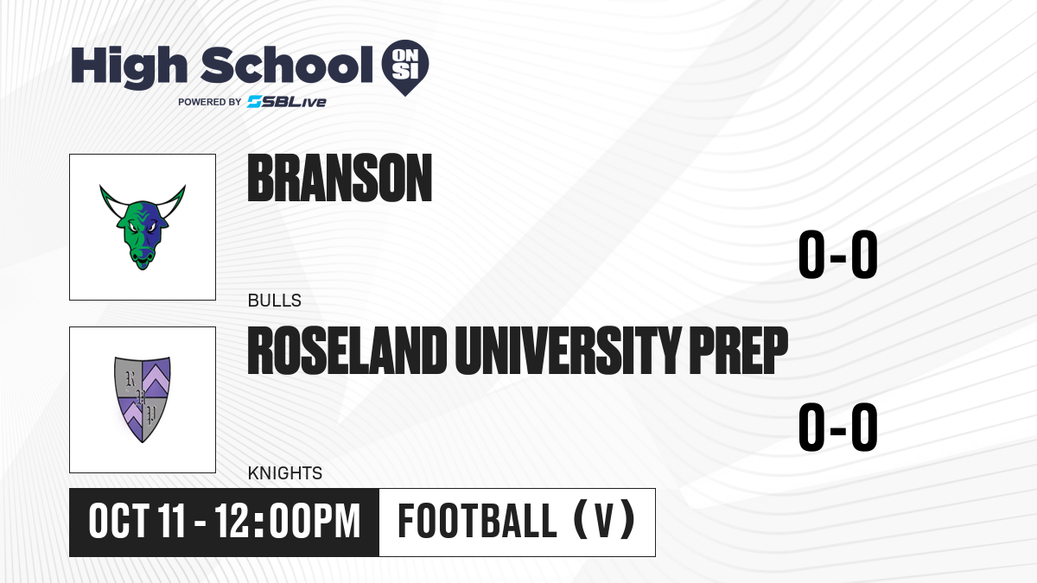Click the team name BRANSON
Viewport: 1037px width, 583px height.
(x=340, y=178)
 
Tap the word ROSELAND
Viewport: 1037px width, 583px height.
(x=347, y=351)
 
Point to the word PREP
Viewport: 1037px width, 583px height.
(x=738, y=351)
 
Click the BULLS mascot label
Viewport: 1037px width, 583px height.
(x=275, y=301)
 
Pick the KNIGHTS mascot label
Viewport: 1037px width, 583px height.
(x=285, y=473)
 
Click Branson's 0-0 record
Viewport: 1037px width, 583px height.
(x=838, y=255)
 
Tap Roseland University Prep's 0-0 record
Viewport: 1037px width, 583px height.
(x=838, y=427)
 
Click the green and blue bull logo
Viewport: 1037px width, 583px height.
(x=143, y=226)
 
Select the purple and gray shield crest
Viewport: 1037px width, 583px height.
(x=143, y=399)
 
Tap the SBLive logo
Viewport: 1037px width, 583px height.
(x=287, y=102)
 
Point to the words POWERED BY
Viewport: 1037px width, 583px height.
(x=210, y=102)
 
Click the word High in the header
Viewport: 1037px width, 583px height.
(x=130, y=67)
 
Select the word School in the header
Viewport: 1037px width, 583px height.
(x=287, y=65)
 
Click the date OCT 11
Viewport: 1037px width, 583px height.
(x=137, y=522)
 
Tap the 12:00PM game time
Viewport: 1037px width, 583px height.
(x=288, y=522)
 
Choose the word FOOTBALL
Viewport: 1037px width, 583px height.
(x=477, y=521)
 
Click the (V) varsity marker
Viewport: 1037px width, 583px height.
(x=604, y=520)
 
